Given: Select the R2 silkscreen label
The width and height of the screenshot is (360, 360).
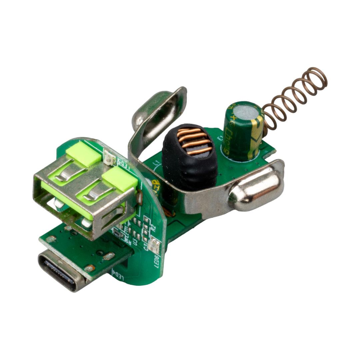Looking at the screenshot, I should (x=153, y=228).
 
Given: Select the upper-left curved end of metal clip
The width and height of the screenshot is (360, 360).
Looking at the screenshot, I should (x=157, y=107).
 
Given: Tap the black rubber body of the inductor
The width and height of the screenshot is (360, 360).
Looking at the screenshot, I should (x=187, y=173).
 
